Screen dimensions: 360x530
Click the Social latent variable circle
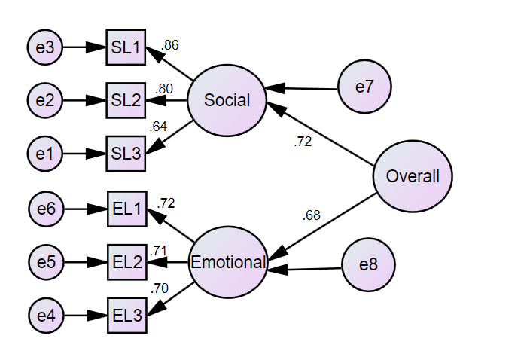pos(227,100)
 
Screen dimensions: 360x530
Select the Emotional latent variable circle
pos(228,263)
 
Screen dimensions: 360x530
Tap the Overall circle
pos(412,176)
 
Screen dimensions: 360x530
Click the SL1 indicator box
pos(126,47)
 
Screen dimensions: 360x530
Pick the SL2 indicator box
pos(126,99)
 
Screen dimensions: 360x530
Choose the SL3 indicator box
pos(126,153)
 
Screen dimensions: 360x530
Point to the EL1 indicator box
pos(127,209)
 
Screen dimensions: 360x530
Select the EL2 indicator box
pos(127,263)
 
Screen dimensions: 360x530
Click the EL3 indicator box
pos(127,316)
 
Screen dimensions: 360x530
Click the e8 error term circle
pos(368,265)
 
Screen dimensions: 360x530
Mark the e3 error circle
pos(45,47)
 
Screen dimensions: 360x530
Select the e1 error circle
pos(45,153)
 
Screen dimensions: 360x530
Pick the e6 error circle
pos(47,209)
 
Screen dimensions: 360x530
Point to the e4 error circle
pos(47,316)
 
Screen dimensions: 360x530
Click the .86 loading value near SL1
pos(170,45)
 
